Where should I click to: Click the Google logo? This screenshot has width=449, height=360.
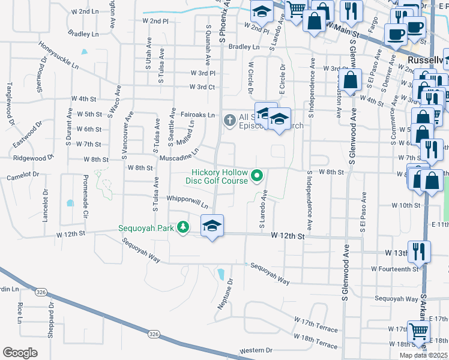click(20, 353)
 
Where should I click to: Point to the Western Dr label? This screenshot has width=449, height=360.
click(256, 350)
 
